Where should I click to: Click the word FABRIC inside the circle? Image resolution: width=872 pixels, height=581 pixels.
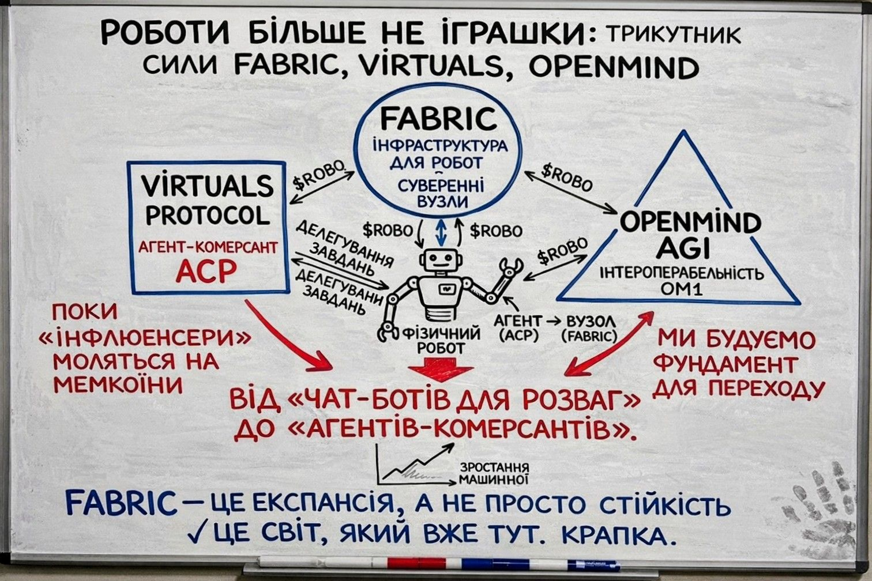[438, 119]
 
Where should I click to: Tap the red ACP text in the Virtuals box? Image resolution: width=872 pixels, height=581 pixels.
[206, 271]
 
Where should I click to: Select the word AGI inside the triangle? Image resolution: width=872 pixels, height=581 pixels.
[683, 249]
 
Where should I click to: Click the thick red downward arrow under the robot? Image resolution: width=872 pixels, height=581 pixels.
[440, 369]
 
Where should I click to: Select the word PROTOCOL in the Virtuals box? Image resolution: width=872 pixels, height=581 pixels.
[208, 216]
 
